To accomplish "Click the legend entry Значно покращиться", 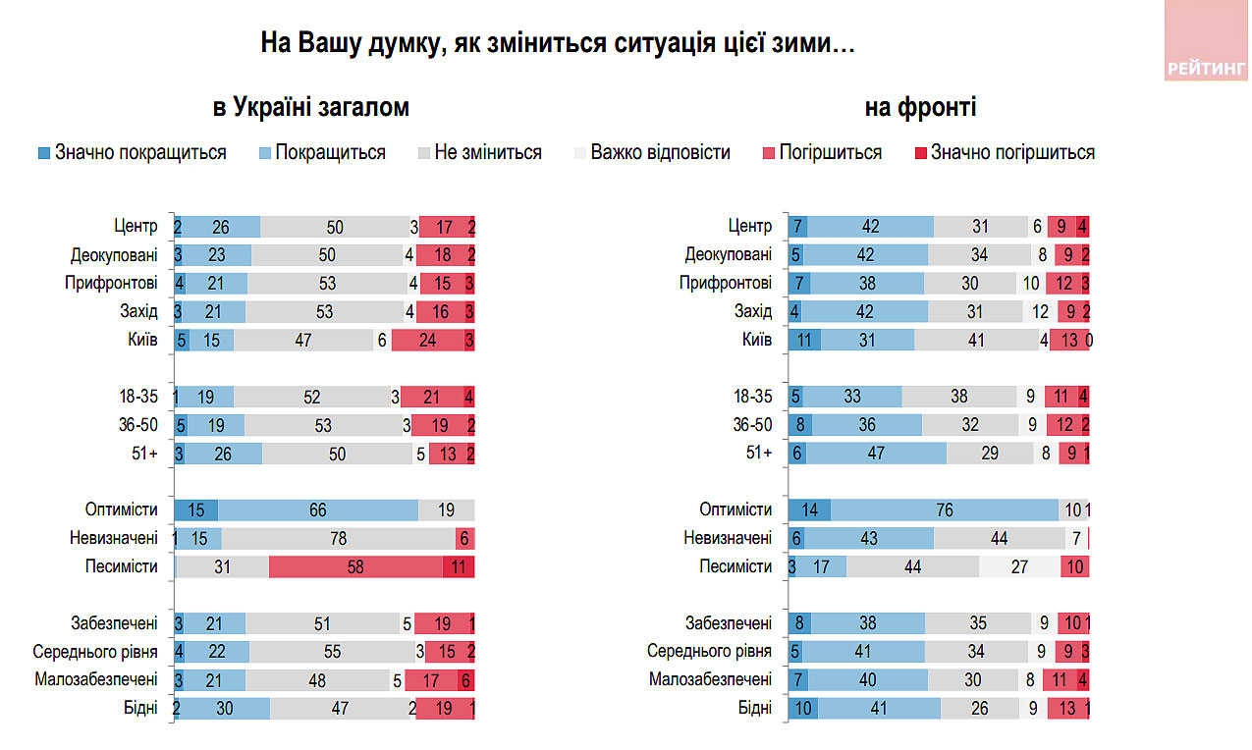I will coord(132,153).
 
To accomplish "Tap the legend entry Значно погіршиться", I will coord(1004,153).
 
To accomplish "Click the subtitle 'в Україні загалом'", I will coord(310,108).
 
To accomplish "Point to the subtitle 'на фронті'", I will coord(920,108).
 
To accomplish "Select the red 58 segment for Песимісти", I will coord(355,566).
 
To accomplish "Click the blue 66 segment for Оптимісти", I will coord(318,510).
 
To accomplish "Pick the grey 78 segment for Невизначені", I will coord(339,538).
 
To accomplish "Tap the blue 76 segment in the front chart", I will coord(945,510).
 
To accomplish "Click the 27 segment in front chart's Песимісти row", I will coord(1019,566).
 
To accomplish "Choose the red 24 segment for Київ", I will coord(428,341).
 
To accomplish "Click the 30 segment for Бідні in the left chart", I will coord(225,708).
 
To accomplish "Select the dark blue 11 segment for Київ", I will coord(805,341).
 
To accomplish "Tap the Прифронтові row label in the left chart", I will coord(114,284).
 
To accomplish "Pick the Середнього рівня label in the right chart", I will coord(709,651).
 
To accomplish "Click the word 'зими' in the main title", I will coord(801,45).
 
